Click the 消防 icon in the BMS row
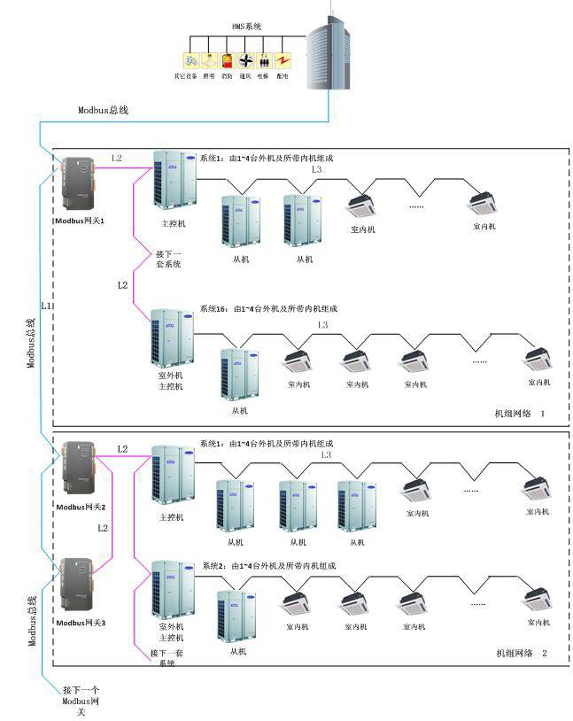tap(227, 61)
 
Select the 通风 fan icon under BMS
tap(245, 61)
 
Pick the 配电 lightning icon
tap(283, 61)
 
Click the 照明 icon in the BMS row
tap(209, 61)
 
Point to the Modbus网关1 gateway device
tap(77, 184)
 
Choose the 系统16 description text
tap(268, 309)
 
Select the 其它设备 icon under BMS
tap(190, 61)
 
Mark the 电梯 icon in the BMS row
tap(264, 61)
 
